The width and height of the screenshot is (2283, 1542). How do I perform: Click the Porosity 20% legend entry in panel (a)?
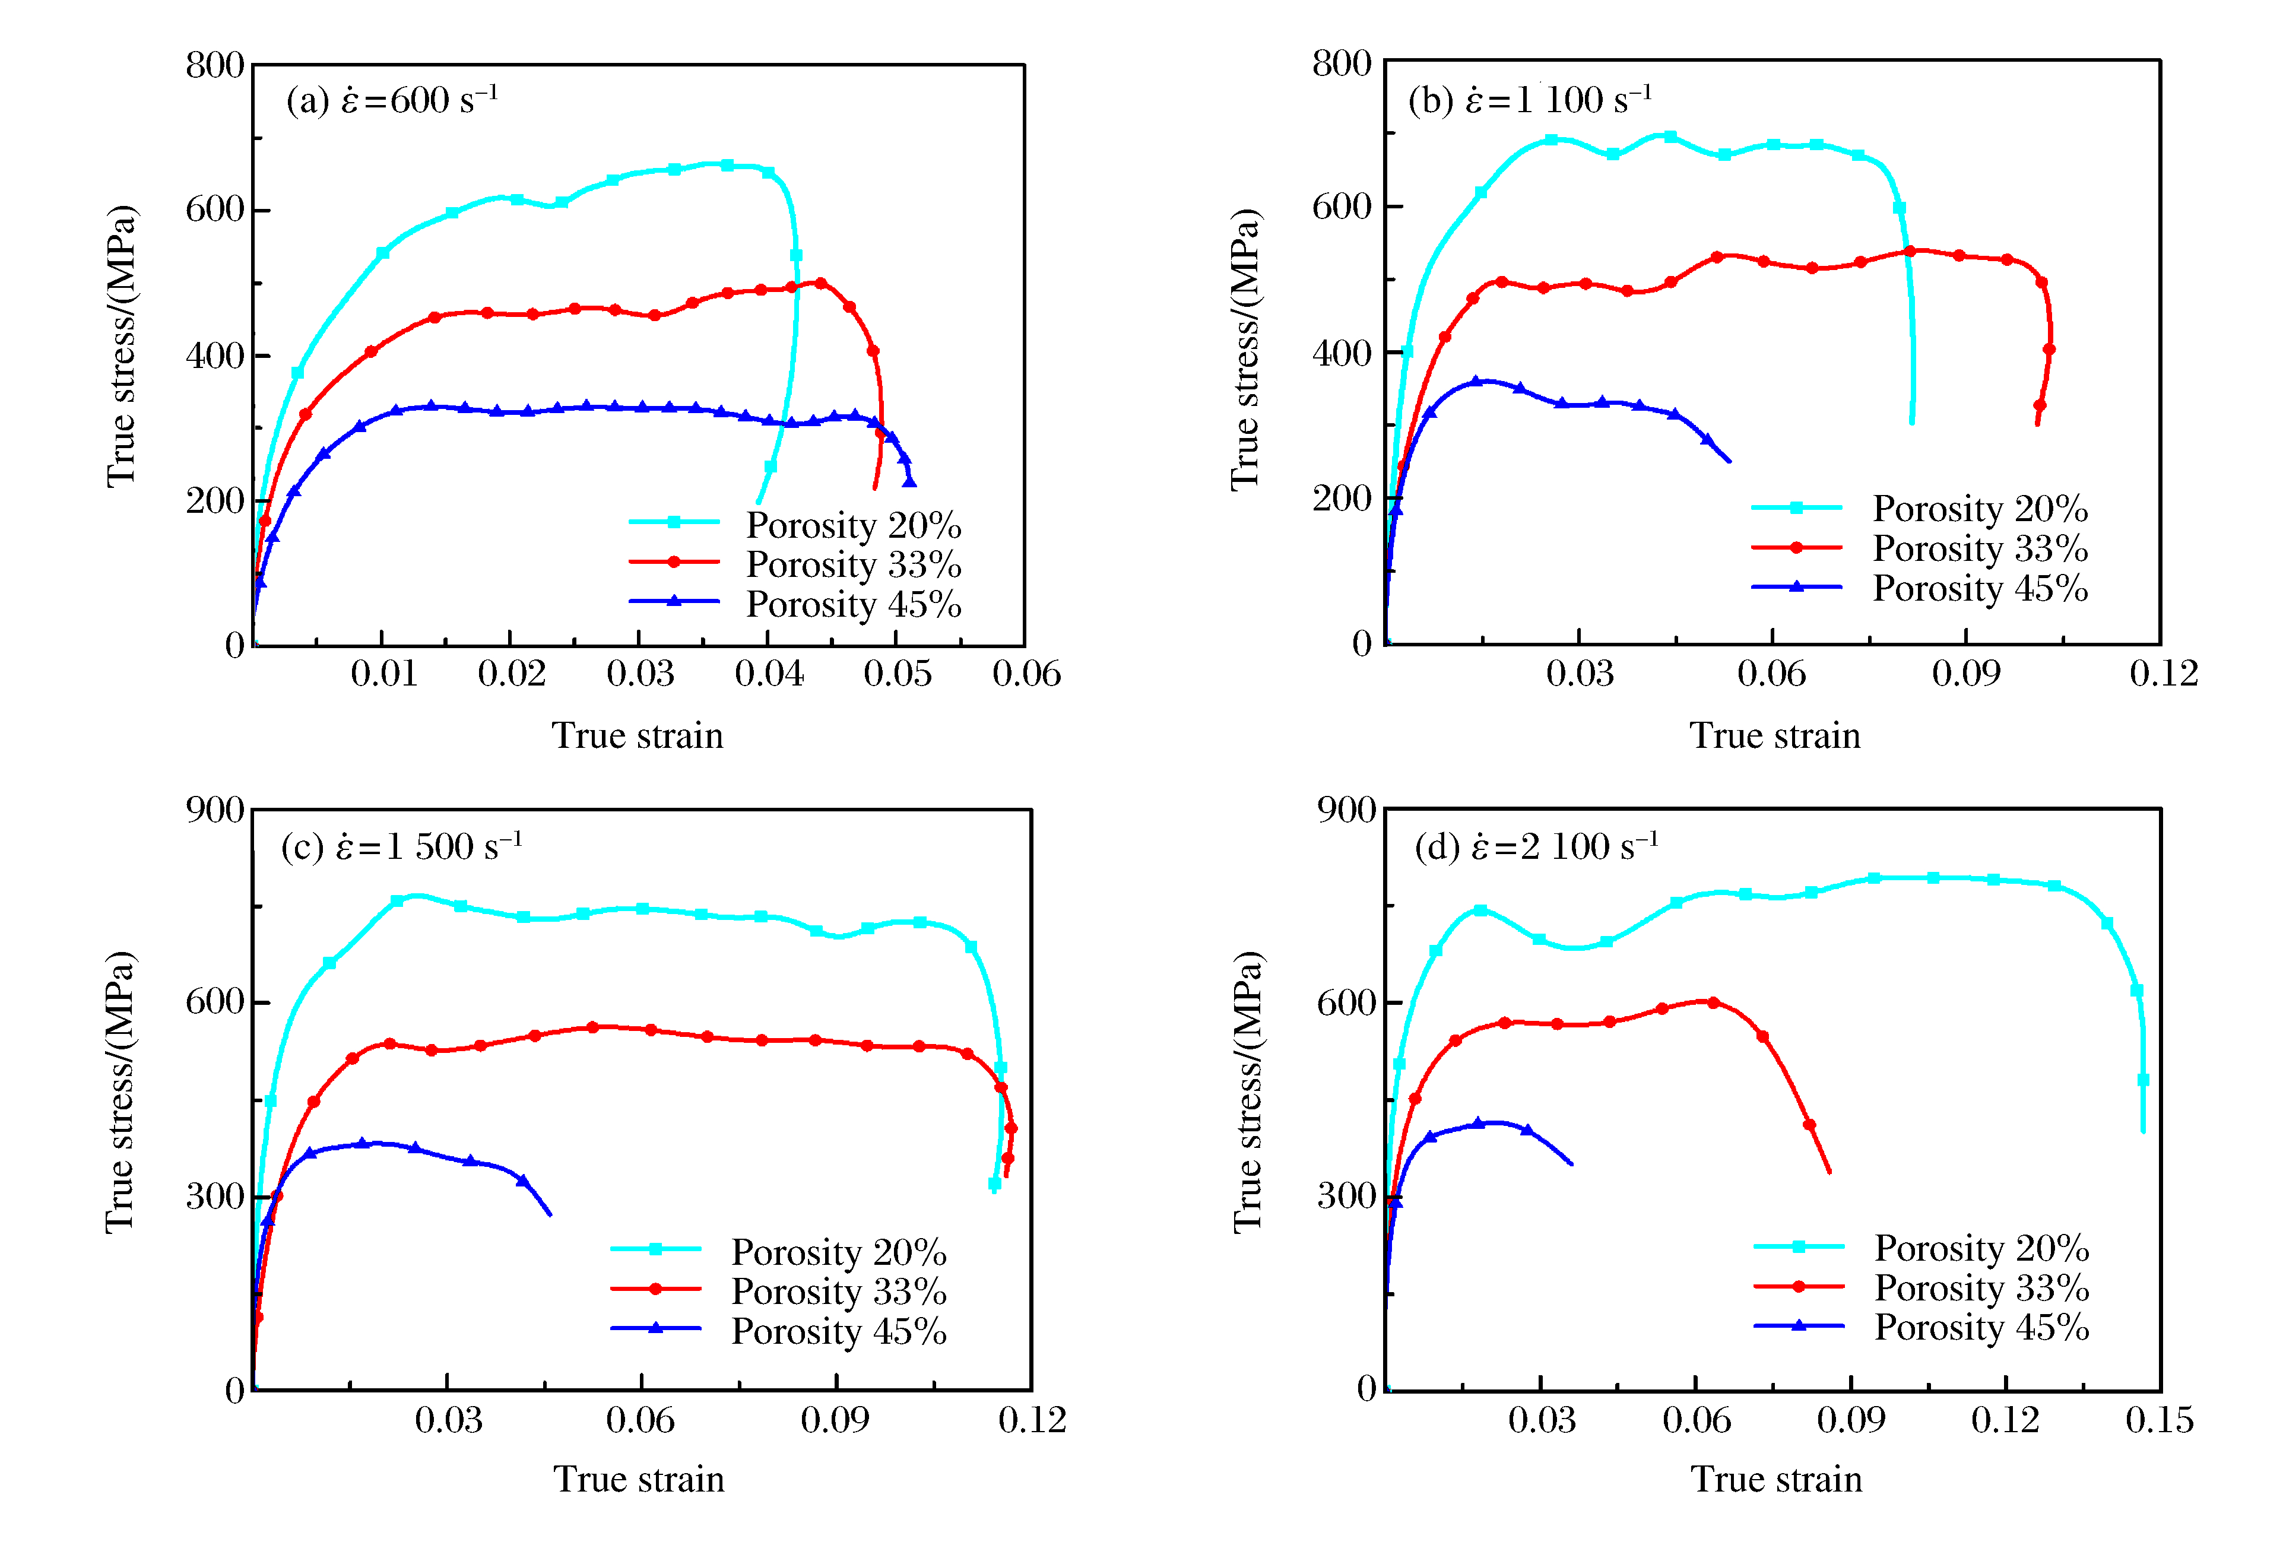point(852,525)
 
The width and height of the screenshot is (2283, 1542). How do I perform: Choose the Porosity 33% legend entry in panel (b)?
point(1980,548)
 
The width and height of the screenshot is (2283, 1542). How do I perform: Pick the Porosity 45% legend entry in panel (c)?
point(838,1331)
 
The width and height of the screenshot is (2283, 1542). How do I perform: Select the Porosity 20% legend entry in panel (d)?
point(1980,1248)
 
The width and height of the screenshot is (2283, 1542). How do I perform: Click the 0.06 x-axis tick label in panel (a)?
point(1026,674)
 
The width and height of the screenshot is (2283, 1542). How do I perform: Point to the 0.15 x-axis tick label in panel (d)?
point(2158,1420)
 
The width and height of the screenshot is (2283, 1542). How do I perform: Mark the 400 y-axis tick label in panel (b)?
point(1342,353)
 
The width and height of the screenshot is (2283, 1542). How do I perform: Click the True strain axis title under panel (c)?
point(639,1479)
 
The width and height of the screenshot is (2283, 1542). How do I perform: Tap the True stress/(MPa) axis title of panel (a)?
point(121,345)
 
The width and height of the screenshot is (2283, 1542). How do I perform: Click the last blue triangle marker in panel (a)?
point(909,480)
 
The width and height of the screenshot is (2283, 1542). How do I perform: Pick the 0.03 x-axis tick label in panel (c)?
point(448,1420)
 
